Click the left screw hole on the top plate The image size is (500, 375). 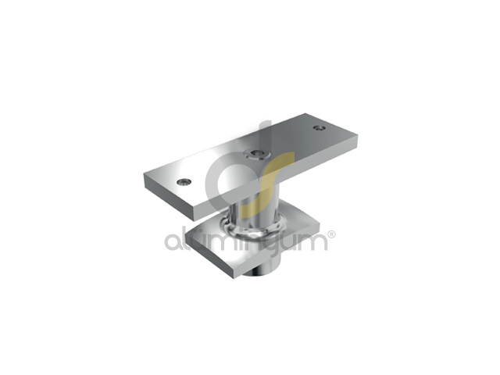pos(184,182)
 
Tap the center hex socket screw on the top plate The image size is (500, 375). pos(256,154)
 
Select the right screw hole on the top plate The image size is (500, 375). pos(319,128)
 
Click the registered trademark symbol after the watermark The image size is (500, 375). pos(331,234)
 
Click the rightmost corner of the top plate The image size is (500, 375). pos(358,136)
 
